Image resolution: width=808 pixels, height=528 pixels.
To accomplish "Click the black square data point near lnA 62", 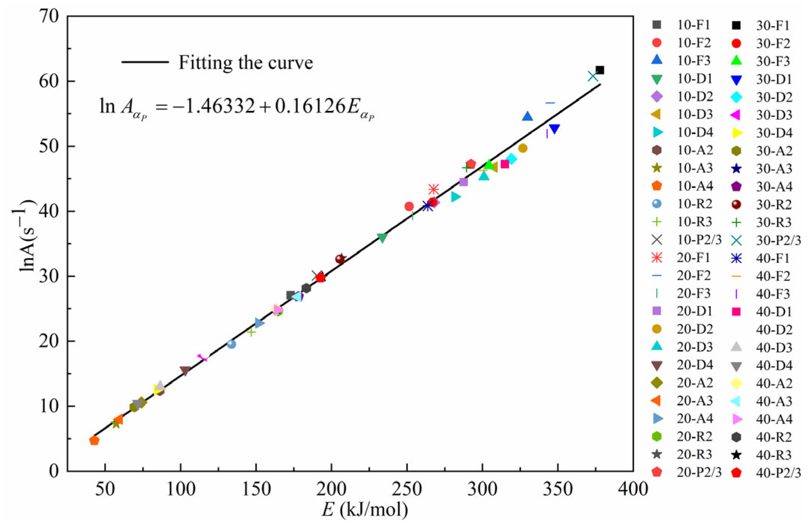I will pos(600,70).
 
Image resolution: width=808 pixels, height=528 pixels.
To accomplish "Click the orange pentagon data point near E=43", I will pos(94,441).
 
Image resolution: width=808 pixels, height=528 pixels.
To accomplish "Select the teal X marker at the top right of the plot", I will pos(593,76).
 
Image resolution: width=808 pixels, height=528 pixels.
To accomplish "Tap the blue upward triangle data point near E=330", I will pos(527,117).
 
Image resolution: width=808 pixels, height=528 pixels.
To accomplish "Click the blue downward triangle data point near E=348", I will pos(554,129).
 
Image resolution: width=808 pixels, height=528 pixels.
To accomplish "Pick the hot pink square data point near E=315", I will pos(505,164).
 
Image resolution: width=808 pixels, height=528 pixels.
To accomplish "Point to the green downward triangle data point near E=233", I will pos(382,237).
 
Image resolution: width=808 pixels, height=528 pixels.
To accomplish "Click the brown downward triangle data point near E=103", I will pos(185,370).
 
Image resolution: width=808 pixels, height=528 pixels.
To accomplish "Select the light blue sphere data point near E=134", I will pos(231,344).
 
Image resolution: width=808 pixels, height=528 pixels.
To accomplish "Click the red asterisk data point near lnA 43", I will pos(434,189).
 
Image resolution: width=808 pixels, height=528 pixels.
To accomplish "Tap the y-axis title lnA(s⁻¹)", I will pos(27,236).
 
